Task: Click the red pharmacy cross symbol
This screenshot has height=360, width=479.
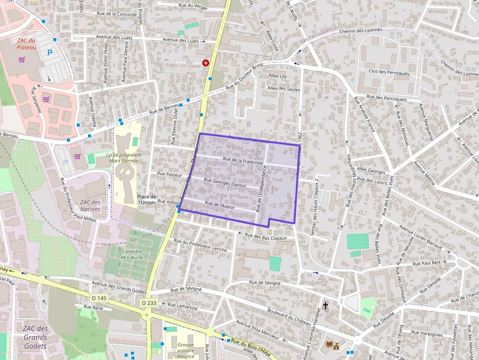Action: [206, 63]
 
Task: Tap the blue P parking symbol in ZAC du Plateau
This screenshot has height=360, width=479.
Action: [49, 52]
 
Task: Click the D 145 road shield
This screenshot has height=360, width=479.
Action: [99, 298]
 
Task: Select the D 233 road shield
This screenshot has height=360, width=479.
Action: [150, 303]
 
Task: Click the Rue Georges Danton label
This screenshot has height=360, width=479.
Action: [225, 182]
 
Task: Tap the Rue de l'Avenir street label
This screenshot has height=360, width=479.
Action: [220, 205]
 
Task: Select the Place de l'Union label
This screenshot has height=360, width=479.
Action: [147, 199]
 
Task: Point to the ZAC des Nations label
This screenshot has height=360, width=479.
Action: [90, 206]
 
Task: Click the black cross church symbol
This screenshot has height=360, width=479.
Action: [326, 306]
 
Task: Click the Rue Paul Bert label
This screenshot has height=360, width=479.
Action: [427, 263]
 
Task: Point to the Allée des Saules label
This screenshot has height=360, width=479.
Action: [283, 88]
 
